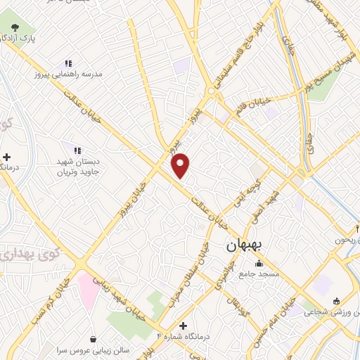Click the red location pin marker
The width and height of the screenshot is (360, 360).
coord(181,164)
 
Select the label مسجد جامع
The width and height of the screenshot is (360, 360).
coord(259,274)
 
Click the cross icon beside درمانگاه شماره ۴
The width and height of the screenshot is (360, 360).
coord(184,326)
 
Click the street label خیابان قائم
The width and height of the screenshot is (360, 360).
coord(255,107)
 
